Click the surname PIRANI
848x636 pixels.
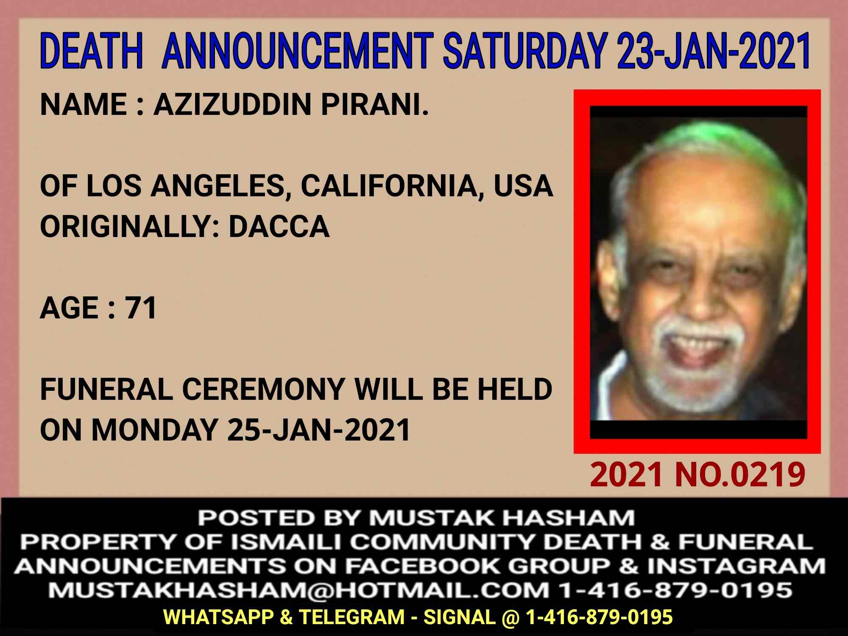pyautogui.click(x=375, y=104)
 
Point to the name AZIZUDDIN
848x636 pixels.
pyautogui.click(x=234, y=104)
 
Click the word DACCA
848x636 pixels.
pyautogui.click(x=279, y=226)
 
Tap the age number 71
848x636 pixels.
pyautogui.click(x=141, y=308)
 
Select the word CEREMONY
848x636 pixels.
pyautogui.click(x=263, y=389)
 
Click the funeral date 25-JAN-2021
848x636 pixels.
pyautogui.click(x=318, y=430)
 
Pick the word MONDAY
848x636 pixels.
pyautogui.click(x=154, y=430)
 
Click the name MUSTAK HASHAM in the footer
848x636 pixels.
pyautogui.click(x=502, y=518)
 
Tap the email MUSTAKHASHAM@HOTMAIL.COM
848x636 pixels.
pyautogui.click(x=298, y=590)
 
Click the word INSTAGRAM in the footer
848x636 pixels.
pyautogui.click(x=736, y=566)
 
